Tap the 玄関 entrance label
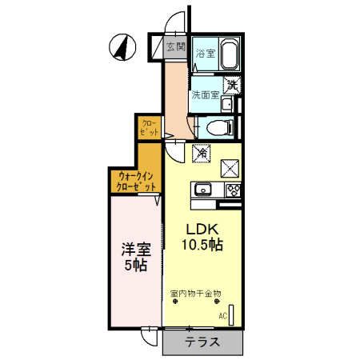[176, 46]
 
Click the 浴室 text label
[206, 54]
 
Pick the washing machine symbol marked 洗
[231, 82]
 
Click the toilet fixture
[218, 126]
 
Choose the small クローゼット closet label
[149, 127]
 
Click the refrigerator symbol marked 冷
[201, 149]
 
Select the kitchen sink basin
[202, 190]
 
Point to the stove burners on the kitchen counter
[234, 190]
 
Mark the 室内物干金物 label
[196, 294]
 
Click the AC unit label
[222, 316]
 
